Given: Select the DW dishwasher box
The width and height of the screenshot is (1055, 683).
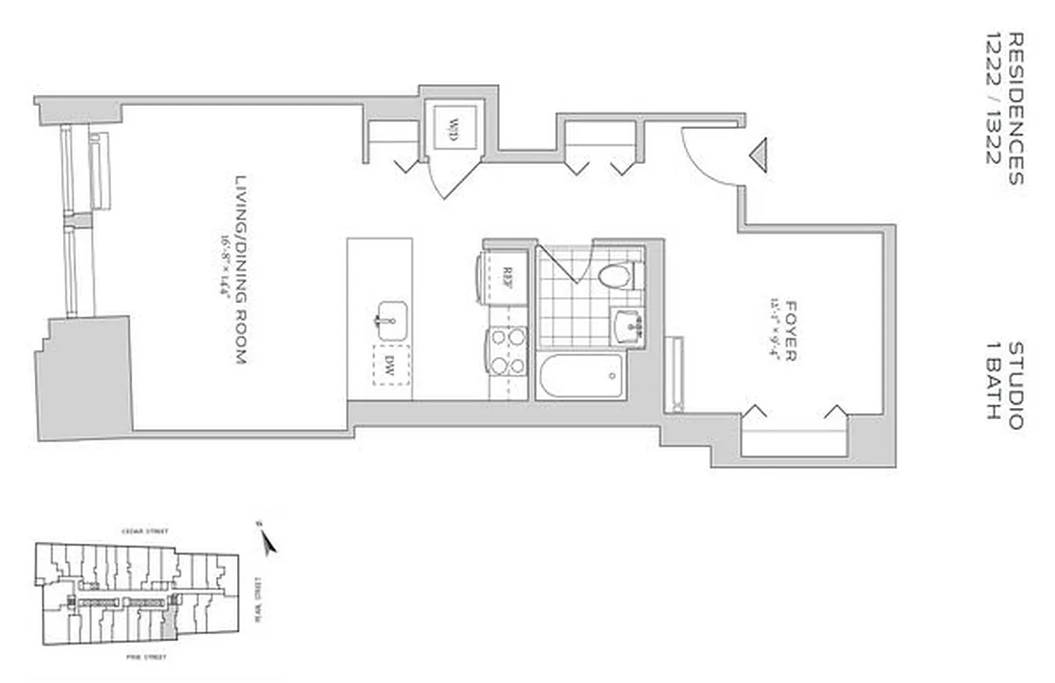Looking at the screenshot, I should (x=391, y=365).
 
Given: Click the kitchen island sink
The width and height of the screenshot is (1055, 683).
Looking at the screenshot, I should (x=390, y=319).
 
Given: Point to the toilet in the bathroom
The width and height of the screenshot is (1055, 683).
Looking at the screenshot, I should (x=617, y=276).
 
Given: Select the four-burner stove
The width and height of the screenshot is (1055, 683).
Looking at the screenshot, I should (x=507, y=352).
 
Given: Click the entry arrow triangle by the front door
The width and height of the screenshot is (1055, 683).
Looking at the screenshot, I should (x=757, y=155).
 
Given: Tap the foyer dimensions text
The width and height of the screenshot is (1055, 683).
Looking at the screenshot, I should (x=774, y=330).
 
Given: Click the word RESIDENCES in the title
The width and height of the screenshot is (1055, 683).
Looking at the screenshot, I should (x=1015, y=108).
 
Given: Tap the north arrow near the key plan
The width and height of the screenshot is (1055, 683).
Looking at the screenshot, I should (x=268, y=540).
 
